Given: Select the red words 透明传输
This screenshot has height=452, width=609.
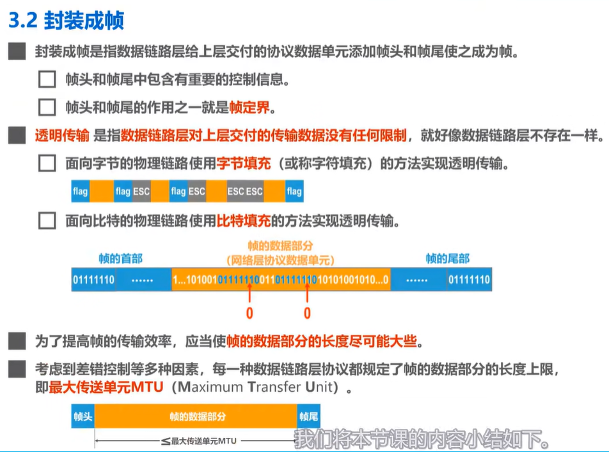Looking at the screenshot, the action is coord(62,135).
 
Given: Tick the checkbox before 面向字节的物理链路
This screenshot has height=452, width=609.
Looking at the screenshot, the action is coord(47,163).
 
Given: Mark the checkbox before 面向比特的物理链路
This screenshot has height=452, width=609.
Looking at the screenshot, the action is coord(47,221).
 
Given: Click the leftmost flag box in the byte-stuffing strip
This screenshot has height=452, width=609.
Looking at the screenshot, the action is coord(80,191).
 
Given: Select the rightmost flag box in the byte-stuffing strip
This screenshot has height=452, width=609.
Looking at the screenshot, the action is coord(294,191).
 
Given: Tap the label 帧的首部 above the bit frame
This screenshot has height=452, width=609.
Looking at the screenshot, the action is coord(120,258).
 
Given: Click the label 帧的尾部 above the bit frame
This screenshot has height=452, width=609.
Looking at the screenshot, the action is coord(448,258).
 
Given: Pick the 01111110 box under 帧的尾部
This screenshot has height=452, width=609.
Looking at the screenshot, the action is coord(469,280).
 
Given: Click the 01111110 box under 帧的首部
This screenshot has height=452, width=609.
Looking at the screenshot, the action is coord(93,280).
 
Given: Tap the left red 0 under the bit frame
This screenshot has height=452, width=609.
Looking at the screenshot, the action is coord(249,313).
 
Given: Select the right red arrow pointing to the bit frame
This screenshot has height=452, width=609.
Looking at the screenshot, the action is coord(307,293).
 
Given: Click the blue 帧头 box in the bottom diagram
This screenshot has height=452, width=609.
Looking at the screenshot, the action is coord(83,416).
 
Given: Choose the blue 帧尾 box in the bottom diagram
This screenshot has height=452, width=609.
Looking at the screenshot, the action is coord(309,416).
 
